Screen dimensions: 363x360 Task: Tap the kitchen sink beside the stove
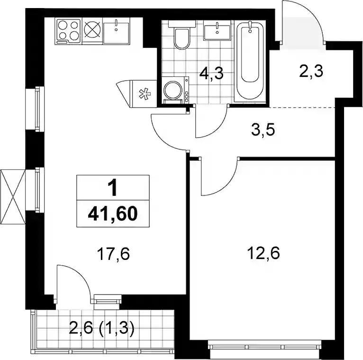click(116, 31)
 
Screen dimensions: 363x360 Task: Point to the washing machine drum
click(172, 90)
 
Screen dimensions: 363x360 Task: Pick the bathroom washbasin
click(217, 30)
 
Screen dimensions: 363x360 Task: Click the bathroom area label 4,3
click(212, 74)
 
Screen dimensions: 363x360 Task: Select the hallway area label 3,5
click(263, 130)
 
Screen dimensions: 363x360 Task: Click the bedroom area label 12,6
click(263, 253)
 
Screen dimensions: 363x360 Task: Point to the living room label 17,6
click(113, 254)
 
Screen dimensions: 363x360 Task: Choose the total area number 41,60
click(113, 213)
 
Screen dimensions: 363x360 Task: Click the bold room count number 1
click(113, 188)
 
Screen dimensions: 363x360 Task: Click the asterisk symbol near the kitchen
click(145, 94)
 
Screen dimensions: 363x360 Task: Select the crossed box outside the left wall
click(13, 197)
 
